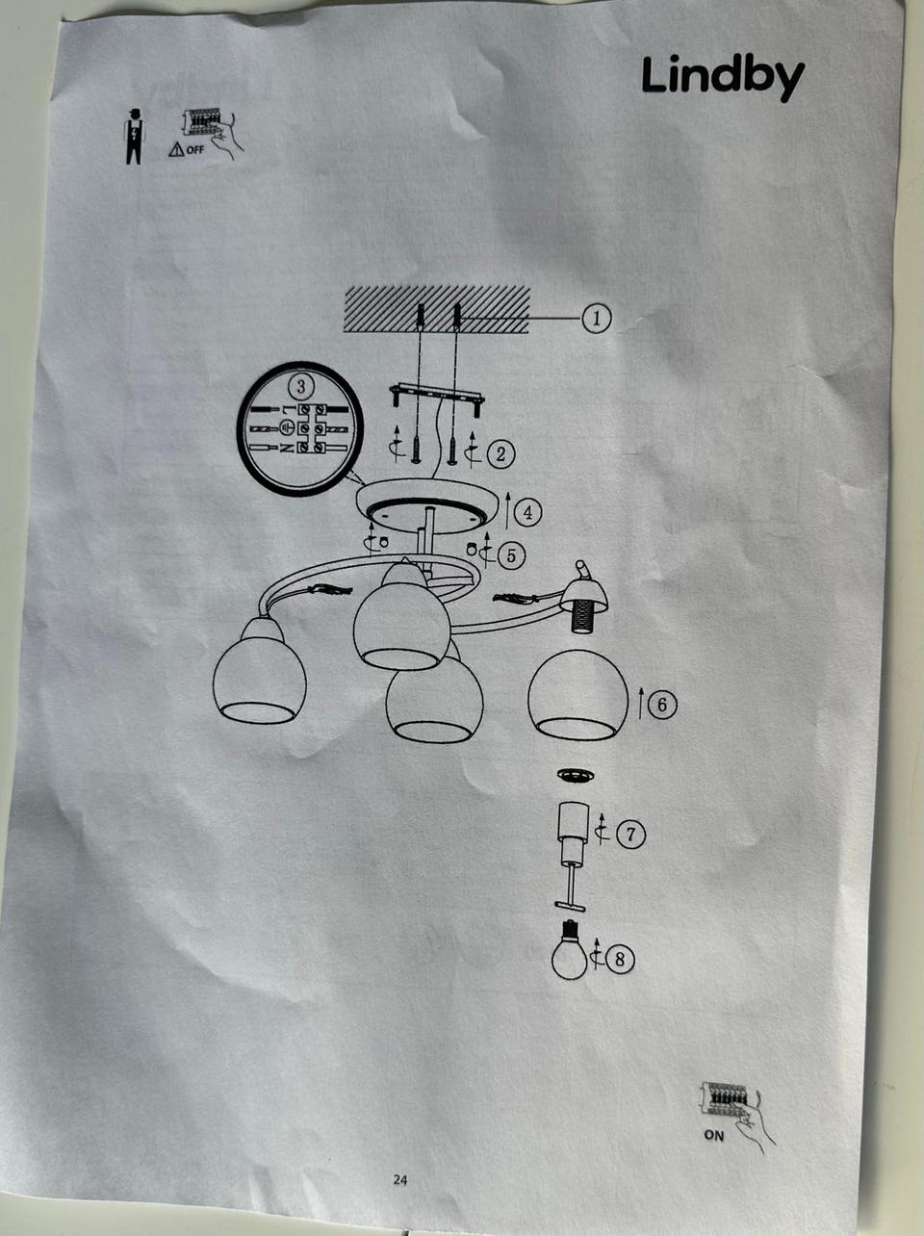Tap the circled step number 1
(x=597, y=319)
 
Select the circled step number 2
(x=500, y=453)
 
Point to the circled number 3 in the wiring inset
(x=301, y=386)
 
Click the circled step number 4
(x=527, y=512)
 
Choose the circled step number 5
(x=511, y=555)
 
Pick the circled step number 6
(x=661, y=705)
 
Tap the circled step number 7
(x=630, y=834)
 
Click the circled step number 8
(x=620, y=959)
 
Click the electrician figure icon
(x=134, y=137)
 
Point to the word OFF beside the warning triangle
(x=195, y=150)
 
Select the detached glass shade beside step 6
(x=577, y=694)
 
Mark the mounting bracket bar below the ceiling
(x=437, y=397)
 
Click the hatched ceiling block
(x=437, y=309)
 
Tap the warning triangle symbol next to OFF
(x=176, y=150)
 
